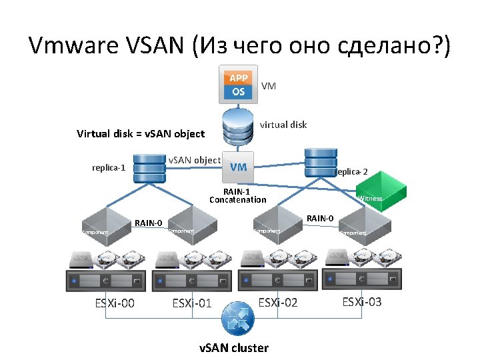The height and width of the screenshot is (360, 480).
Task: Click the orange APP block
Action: click(x=238, y=78)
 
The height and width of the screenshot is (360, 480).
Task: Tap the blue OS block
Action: click(x=238, y=92)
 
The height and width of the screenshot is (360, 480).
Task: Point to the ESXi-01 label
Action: click(x=192, y=304)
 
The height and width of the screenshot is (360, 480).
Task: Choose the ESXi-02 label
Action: click(x=277, y=302)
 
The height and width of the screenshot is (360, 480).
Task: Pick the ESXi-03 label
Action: click(x=362, y=302)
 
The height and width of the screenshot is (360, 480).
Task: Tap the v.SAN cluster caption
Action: click(x=235, y=348)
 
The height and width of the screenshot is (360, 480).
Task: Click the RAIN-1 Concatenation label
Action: click(x=237, y=195)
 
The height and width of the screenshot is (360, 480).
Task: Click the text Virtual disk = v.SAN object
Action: click(x=141, y=133)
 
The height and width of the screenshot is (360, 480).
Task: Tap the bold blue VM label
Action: click(x=238, y=167)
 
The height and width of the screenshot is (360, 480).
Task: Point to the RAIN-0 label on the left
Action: click(x=149, y=223)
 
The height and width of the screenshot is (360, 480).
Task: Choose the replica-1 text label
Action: click(x=109, y=167)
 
